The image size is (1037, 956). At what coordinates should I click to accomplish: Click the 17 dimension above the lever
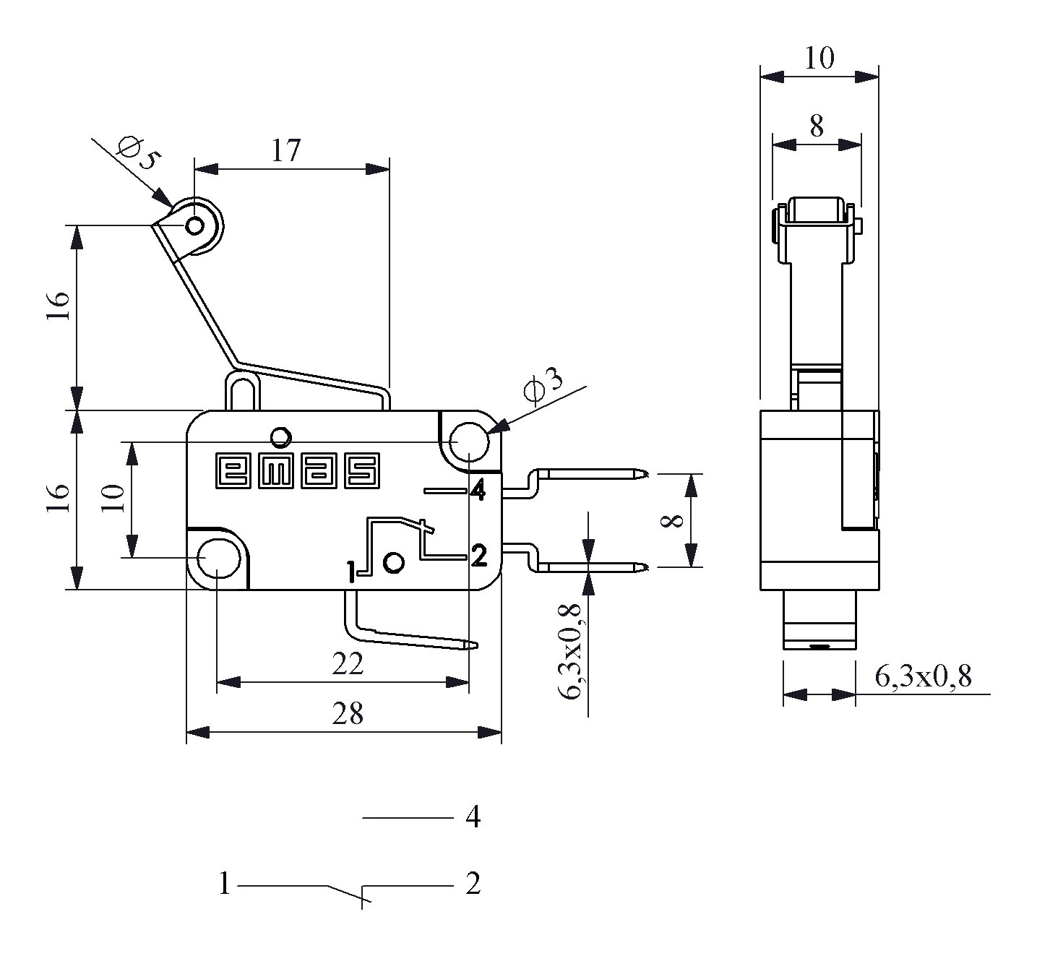click(x=285, y=150)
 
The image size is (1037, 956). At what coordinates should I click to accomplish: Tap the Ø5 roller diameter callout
click(x=137, y=153)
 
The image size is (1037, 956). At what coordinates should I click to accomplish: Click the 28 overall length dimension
click(x=348, y=713)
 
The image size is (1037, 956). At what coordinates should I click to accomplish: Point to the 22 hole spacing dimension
click(x=348, y=665)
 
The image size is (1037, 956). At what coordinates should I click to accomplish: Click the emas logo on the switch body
click(x=298, y=471)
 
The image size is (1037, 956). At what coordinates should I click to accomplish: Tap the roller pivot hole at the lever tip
click(x=195, y=226)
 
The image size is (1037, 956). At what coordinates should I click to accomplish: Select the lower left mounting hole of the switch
click(x=219, y=558)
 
